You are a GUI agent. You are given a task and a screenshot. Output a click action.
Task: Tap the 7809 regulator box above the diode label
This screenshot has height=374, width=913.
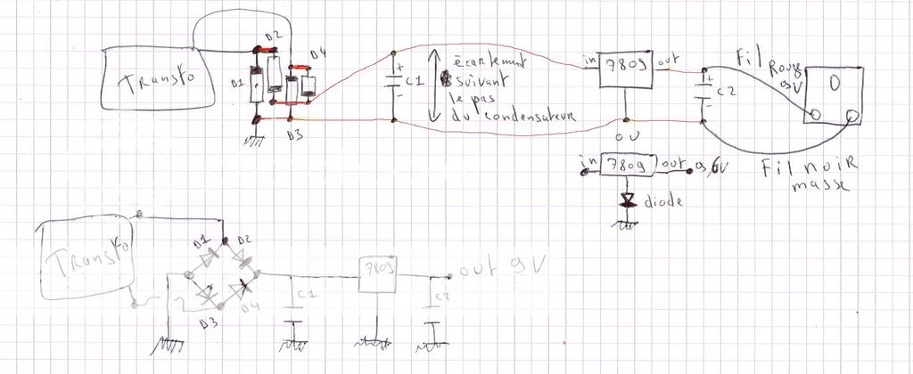629,166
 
